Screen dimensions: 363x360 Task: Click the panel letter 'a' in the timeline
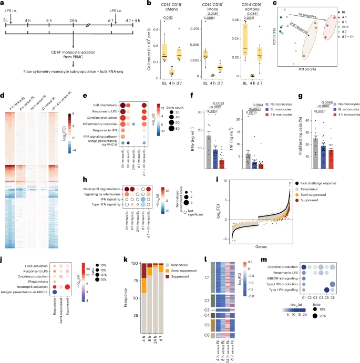(x=3, y=4)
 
